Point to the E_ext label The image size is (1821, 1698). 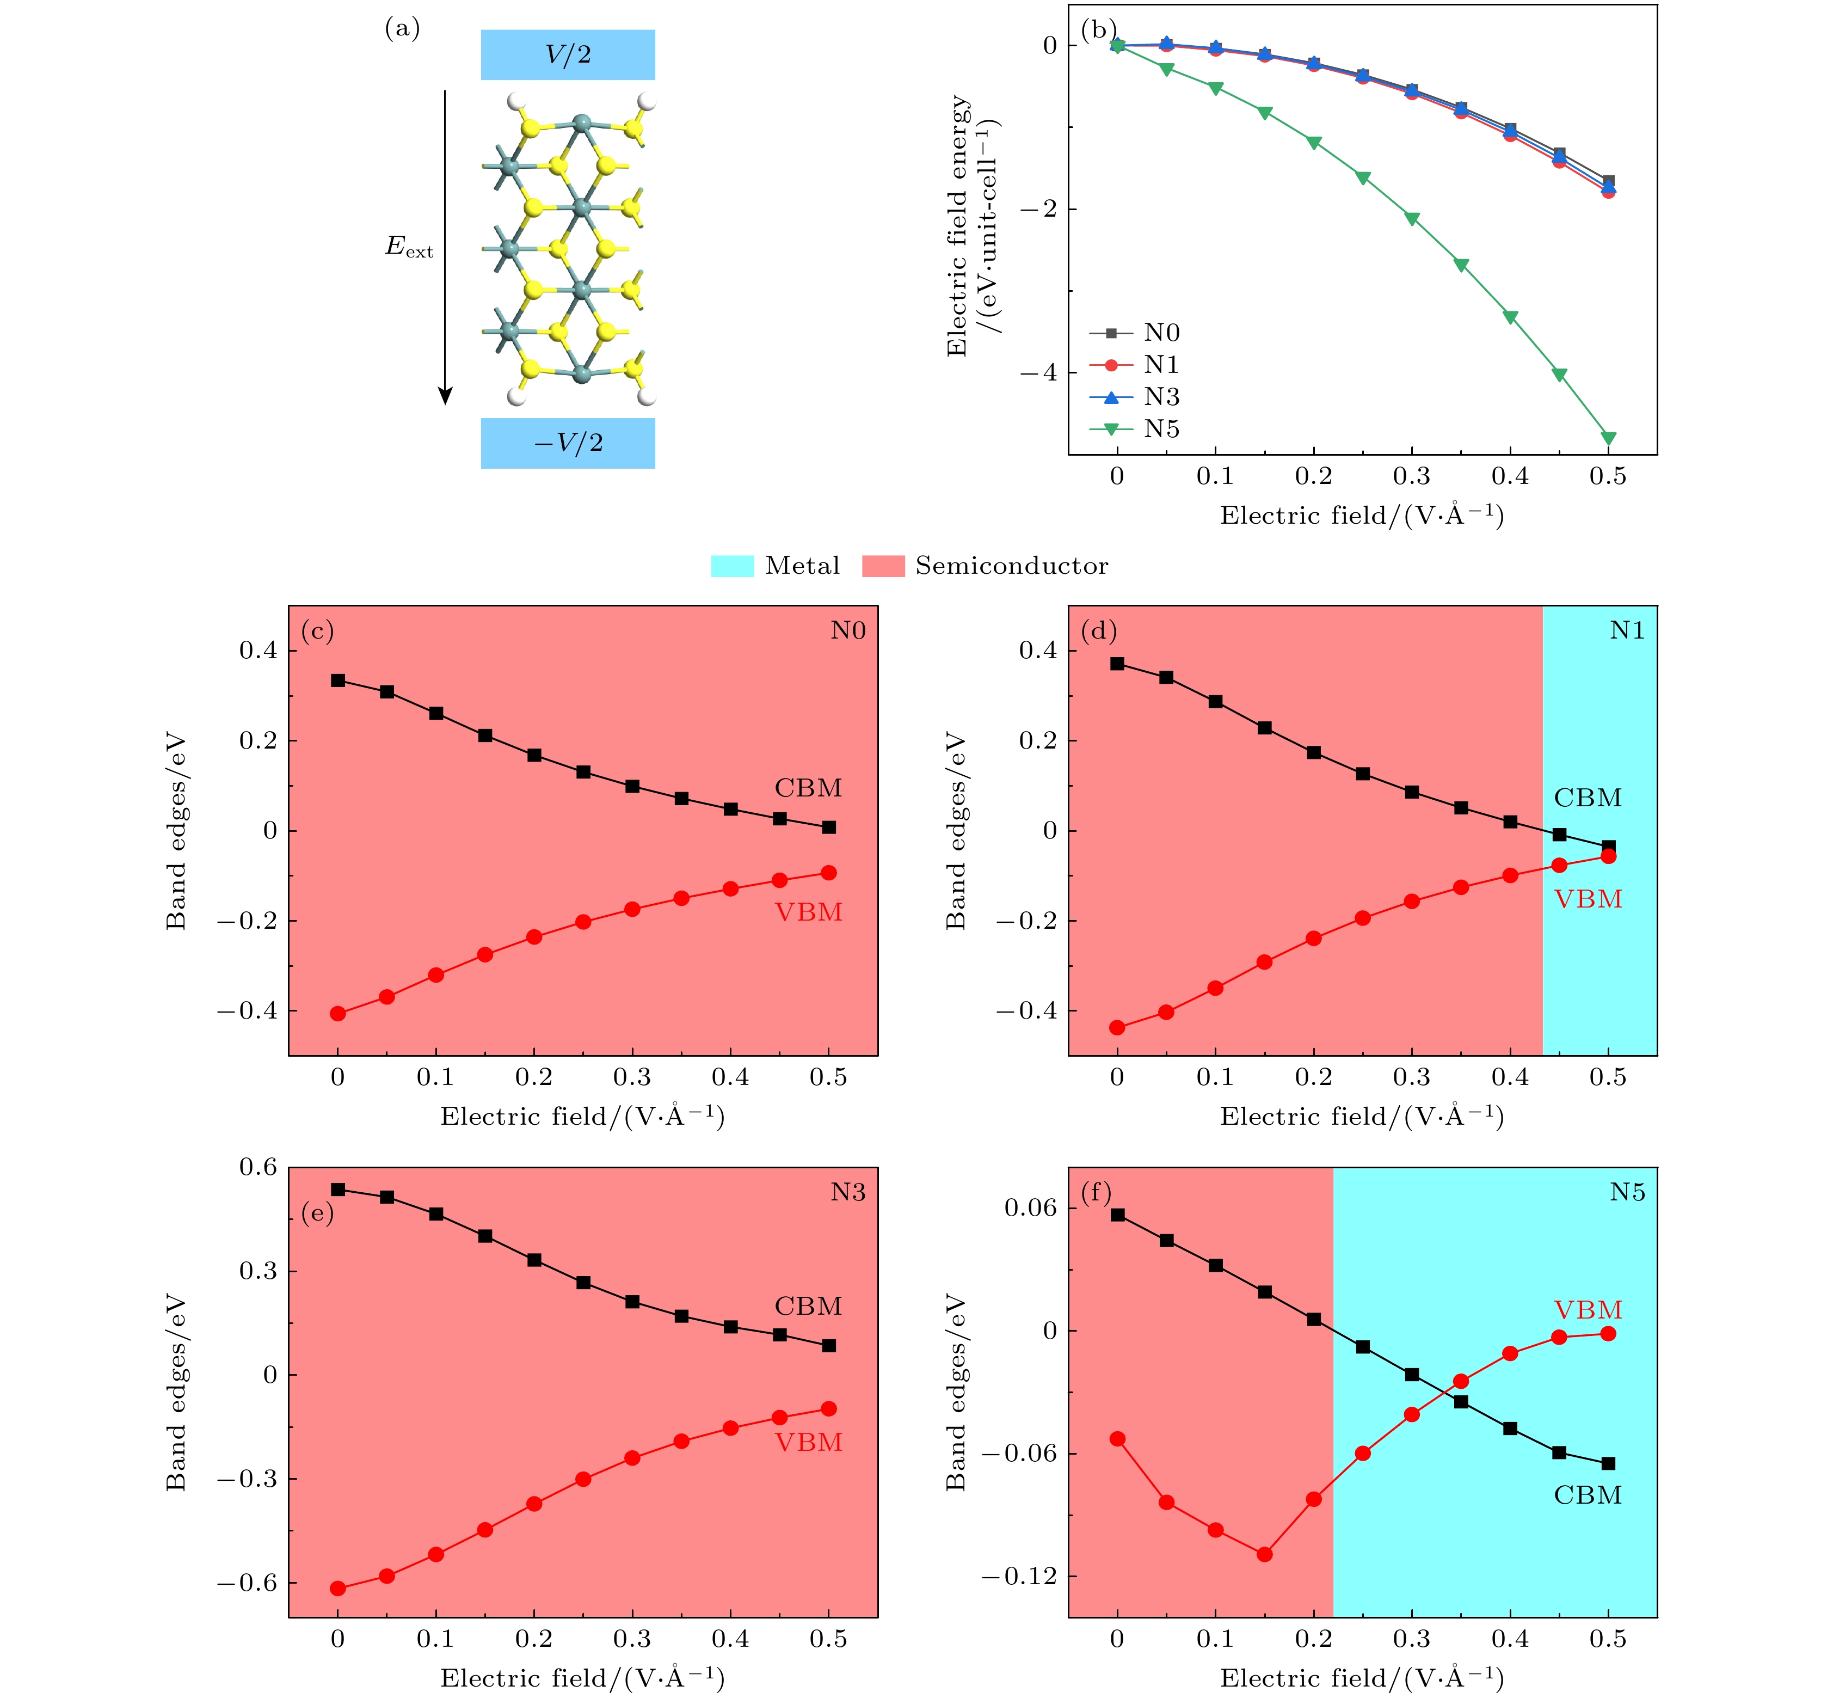(409, 247)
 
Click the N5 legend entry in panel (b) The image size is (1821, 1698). (1160, 429)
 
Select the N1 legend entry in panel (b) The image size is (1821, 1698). (1160, 365)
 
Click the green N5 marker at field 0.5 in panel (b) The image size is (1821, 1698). (1608, 438)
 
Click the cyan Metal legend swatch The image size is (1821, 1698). (732, 566)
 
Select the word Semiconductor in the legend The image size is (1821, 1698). (1011, 566)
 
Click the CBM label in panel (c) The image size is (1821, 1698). (808, 788)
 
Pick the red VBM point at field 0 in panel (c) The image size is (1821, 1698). (338, 1014)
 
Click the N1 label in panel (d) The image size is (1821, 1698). (1627, 630)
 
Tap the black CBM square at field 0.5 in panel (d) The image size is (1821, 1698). (1608, 847)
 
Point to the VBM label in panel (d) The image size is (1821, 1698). (1588, 899)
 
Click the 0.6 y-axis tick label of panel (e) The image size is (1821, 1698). (257, 1167)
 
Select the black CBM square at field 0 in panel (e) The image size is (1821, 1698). (338, 1190)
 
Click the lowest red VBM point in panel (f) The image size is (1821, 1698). (1264, 1554)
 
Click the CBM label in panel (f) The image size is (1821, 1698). (1588, 1495)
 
